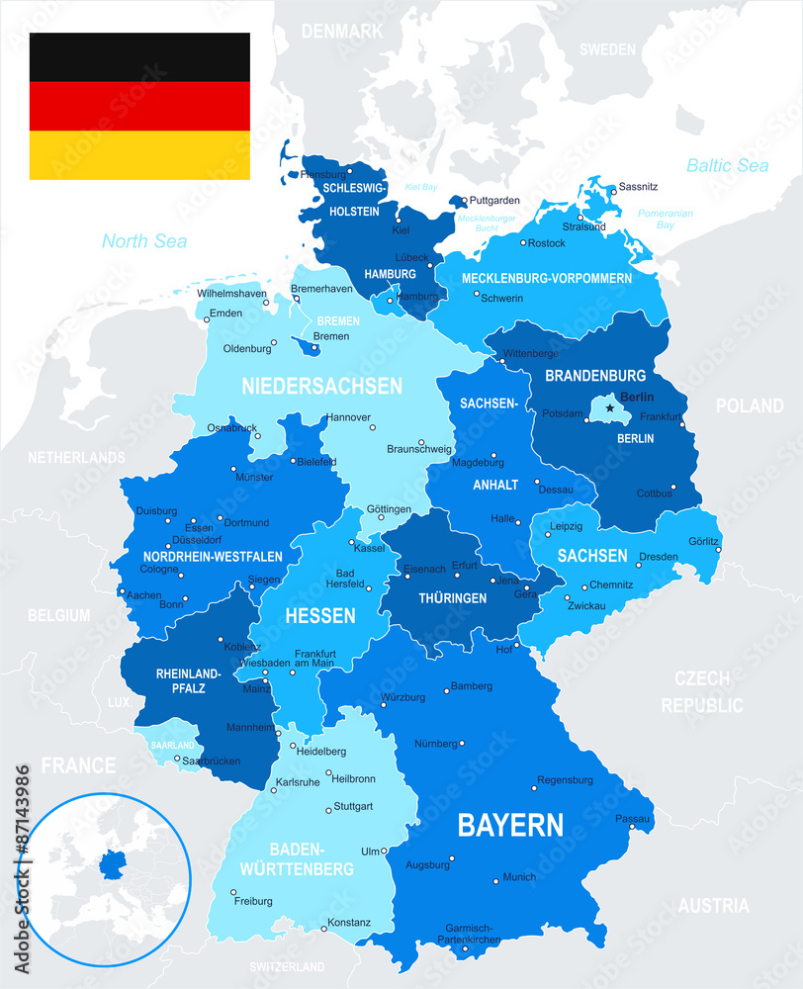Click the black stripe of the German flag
138,56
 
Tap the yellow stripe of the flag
138,155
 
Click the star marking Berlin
610,406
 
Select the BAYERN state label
510,825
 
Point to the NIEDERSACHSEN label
322,386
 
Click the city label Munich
519,877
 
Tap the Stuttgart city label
353,806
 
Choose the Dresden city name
659,557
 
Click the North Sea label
144,240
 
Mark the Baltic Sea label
727,165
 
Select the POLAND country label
750,405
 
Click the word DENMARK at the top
341,32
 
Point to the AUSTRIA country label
713,905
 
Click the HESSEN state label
320,616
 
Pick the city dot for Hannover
373,428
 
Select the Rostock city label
546,243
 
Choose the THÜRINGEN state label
452,598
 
